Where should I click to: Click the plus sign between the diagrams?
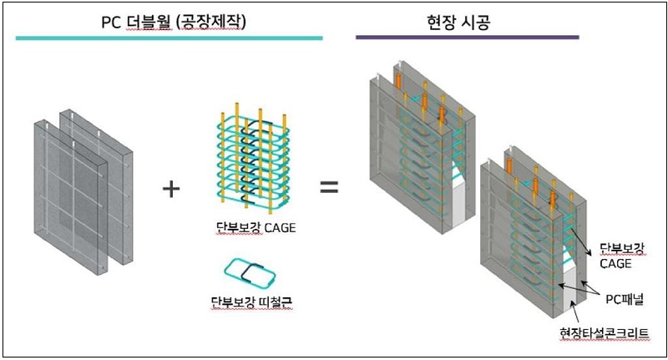[170, 188]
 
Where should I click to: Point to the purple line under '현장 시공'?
[467, 38]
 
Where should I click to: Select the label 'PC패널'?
[622, 296]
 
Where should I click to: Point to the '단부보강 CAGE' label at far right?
[623, 256]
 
